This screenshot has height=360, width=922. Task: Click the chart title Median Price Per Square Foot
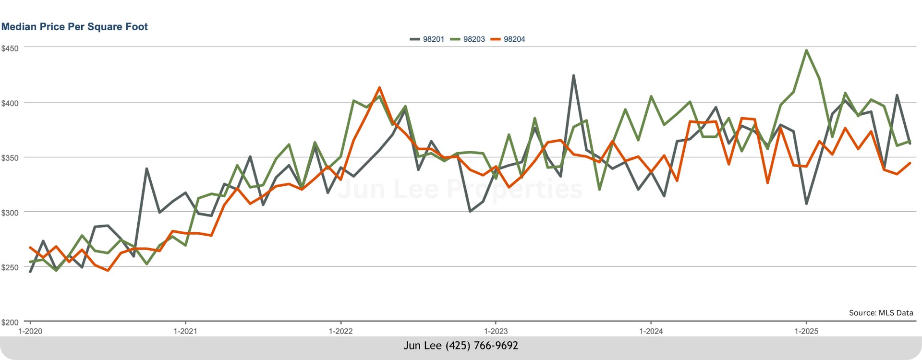point(74,27)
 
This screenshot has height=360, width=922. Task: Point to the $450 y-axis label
point(10,48)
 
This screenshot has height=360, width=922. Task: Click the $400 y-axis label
point(10,103)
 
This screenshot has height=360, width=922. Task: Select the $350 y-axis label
point(10,158)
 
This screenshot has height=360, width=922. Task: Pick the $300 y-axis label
point(10,213)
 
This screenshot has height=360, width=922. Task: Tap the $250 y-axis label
point(10,267)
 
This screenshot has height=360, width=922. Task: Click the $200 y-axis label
point(10,322)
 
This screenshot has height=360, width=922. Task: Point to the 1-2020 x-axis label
point(30,331)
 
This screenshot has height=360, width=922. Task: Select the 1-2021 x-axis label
point(185,331)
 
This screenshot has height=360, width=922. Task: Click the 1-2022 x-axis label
point(340,331)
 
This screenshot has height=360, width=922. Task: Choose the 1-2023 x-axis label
point(496,331)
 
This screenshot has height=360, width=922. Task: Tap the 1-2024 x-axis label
point(651,331)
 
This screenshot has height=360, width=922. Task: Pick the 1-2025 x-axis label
point(806,331)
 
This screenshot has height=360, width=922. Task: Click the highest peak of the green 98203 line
point(806,50)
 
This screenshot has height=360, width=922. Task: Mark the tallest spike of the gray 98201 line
point(573,76)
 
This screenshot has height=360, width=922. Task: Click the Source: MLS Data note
point(881,313)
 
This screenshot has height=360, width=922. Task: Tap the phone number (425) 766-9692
point(482,346)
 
